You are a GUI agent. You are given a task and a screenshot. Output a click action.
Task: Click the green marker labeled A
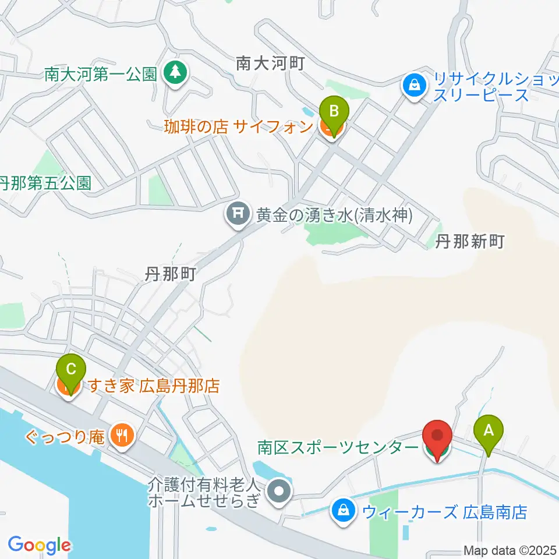(488, 431)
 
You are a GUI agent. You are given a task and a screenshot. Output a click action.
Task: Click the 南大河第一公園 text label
(101, 75)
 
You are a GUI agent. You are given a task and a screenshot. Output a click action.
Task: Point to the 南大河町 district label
(270, 63)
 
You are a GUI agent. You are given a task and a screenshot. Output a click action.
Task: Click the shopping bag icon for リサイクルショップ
(414, 86)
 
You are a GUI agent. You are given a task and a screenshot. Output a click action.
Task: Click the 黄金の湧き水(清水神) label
(334, 216)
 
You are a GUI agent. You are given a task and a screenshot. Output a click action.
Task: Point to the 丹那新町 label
(469, 242)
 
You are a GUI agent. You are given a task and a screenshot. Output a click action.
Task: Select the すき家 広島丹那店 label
(153, 385)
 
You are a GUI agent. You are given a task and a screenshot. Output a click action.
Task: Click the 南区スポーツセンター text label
(338, 447)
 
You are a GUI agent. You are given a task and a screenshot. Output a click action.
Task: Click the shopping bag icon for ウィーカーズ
(344, 512)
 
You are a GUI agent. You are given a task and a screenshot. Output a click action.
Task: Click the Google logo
(39, 545)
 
